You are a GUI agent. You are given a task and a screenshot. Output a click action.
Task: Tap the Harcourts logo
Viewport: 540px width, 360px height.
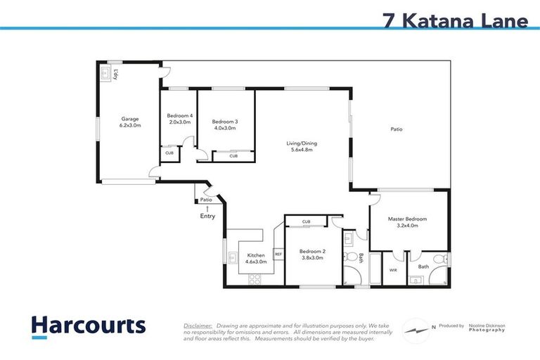pyautogui.click(x=89, y=326)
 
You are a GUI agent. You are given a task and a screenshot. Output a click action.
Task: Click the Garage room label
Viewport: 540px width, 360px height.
pyautogui.click(x=130, y=122)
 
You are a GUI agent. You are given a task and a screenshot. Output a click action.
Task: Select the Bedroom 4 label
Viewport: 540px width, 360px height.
pyautogui.click(x=179, y=119)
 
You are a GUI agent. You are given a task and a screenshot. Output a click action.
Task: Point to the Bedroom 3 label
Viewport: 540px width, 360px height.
pyautogui.click(x=225, y=124)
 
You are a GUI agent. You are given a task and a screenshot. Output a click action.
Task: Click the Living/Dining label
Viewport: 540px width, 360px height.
pyautogui.click(x=302, y=148)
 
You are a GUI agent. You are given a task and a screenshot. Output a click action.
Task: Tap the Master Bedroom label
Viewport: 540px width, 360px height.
pyautogui.click(x=408, y=222)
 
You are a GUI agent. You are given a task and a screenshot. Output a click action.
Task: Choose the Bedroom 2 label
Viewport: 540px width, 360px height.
pyautogui.click(x=311, y=255)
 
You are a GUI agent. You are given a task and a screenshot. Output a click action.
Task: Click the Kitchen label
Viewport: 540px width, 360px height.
pyautogui.click(x=255, y=258)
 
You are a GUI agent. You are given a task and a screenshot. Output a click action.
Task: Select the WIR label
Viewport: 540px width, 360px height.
pyautogui.click(x=393, y=269)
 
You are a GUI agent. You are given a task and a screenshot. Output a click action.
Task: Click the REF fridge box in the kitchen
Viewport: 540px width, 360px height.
pyautogui.click(x=278, y=254)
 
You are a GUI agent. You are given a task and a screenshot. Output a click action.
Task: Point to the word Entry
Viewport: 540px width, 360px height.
pyautogui.click(x=207, y=216)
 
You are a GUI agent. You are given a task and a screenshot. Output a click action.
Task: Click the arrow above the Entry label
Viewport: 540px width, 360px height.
pyautogui.click(x=207, y=208)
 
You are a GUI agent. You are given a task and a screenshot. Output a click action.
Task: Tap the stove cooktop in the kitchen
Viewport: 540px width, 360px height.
pyautogui.click(x=255, y=278)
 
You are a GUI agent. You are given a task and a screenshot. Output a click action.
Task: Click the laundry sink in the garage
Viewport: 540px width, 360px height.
pyautogui.click(x=107, y=72)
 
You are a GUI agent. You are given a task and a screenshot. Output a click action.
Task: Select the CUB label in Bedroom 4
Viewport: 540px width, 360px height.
pyautogui.click(x=169, y=153)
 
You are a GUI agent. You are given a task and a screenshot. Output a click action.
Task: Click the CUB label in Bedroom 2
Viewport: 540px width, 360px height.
pyautogui.click(x=306, y=222)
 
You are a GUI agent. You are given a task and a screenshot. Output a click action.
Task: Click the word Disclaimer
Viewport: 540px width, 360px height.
pyautogui.click(x=198, y=326)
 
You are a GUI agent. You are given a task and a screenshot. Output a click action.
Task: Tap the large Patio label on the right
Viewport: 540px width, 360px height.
pyautogui.click(x=397, y=129)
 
